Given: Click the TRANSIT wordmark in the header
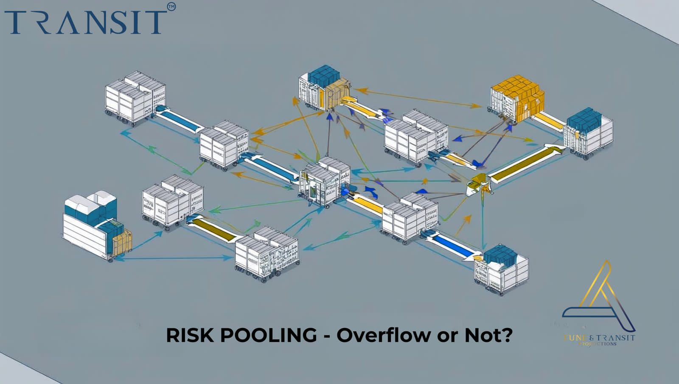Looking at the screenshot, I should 85,22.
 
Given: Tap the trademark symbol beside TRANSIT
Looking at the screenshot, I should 171,7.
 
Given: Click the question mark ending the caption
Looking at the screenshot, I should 507,336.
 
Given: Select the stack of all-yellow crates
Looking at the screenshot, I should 518,98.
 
